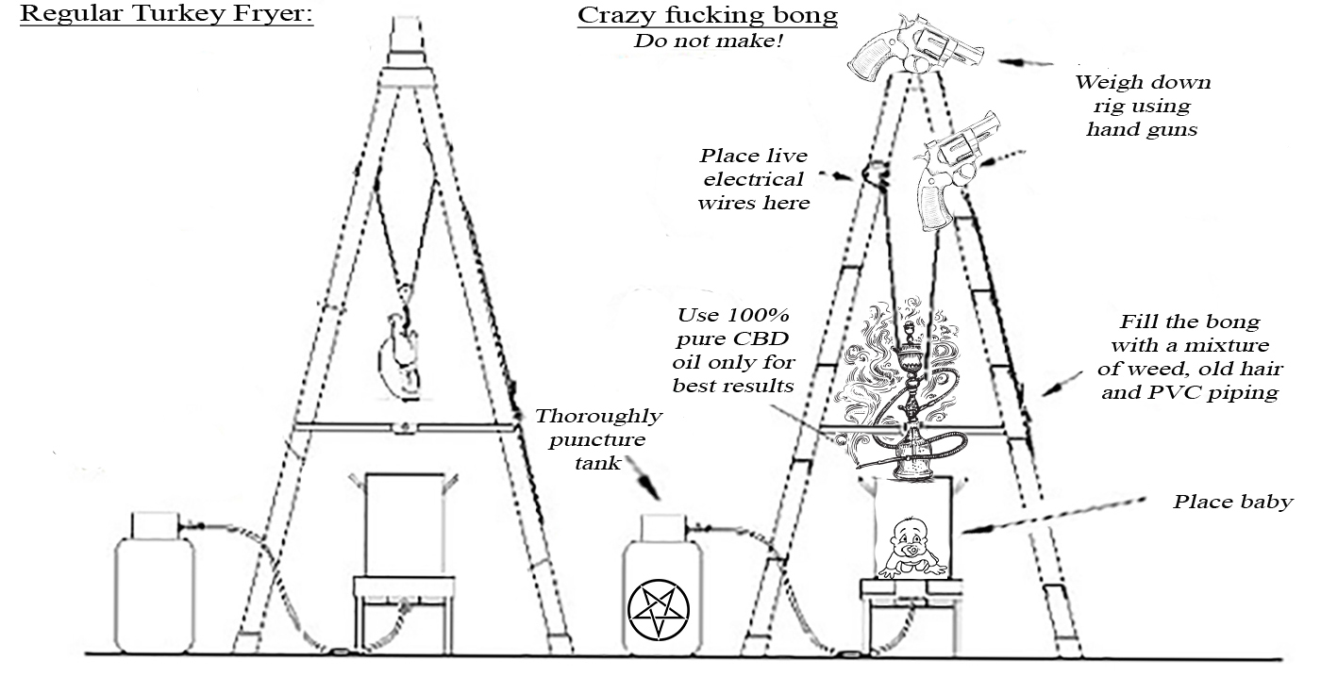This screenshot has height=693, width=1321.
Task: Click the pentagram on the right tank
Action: [x=660, y=611]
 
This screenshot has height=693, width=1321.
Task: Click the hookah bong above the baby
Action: [x=909, y=405]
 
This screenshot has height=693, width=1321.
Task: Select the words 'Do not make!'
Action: [x=709, y=41]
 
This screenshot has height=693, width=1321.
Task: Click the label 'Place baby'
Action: [x=1232, y=502]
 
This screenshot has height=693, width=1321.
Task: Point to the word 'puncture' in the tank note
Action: [x=599, y=439]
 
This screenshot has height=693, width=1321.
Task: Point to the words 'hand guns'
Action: [x=1142, y=130]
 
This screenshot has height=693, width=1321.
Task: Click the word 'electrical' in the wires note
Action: [x=750, y=179]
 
